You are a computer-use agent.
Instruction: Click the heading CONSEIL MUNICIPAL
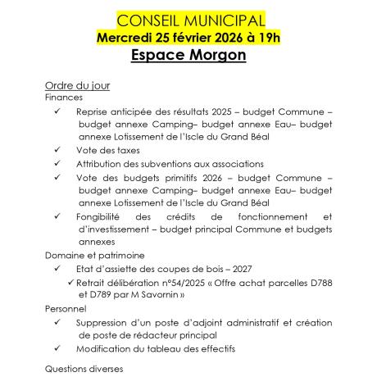point(189,19)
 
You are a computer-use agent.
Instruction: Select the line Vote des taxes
point(108,151)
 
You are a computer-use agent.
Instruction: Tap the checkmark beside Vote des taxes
point(58,151)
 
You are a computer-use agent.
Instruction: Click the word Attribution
point(103,164)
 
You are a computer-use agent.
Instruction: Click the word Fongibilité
point(106,216)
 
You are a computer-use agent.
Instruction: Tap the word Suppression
point(109,322)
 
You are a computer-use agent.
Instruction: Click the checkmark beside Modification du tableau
point(58,348)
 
